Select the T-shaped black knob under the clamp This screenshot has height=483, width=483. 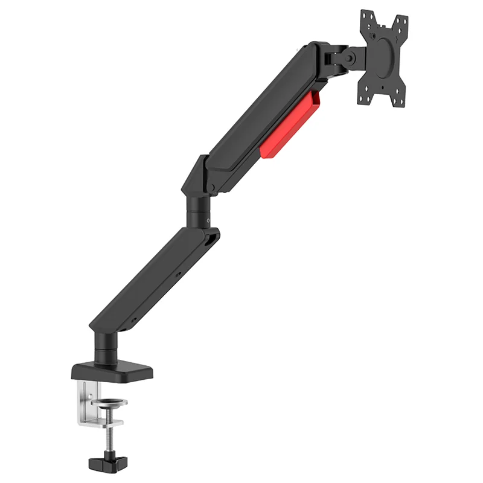107,463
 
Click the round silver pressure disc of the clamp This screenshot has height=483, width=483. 111,402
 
